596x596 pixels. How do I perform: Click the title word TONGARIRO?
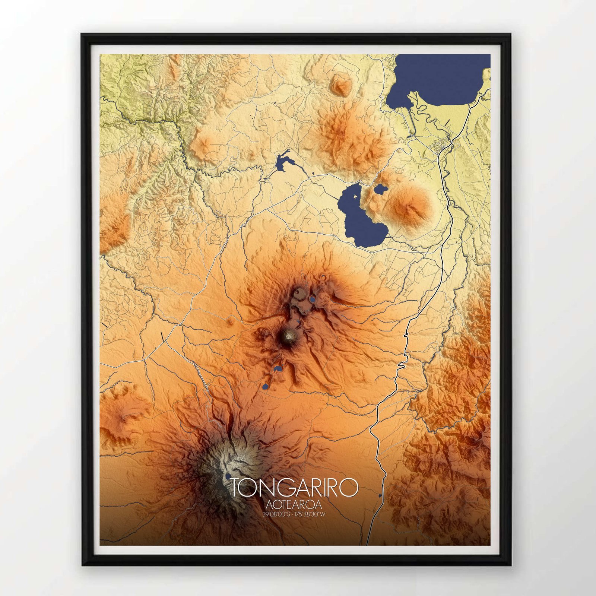point(294,488)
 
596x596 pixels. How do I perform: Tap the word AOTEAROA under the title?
point(294,505)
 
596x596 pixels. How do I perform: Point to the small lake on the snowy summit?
point(228,476)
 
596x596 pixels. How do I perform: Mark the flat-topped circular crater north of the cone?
point(299,294)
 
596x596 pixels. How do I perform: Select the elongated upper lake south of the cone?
point(278,369)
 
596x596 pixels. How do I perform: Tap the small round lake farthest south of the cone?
point(265,387)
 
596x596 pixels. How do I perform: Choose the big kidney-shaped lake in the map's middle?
point(358,216)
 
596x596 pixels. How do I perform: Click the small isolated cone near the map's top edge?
point(340,85)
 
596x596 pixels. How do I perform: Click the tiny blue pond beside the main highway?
point(380,495)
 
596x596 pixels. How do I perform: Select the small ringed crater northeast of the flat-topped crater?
point(323,277)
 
